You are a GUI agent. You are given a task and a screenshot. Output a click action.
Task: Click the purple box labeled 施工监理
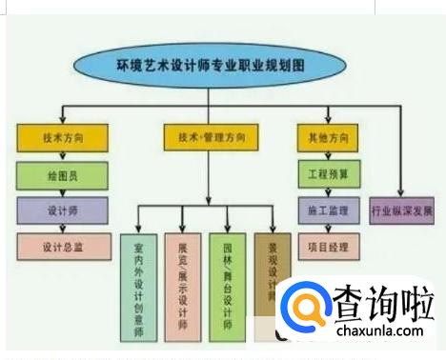pos(328,209)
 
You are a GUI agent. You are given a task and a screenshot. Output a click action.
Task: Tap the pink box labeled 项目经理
pos(328,246)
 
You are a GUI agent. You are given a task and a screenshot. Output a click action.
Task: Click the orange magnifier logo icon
pos(307,308)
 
